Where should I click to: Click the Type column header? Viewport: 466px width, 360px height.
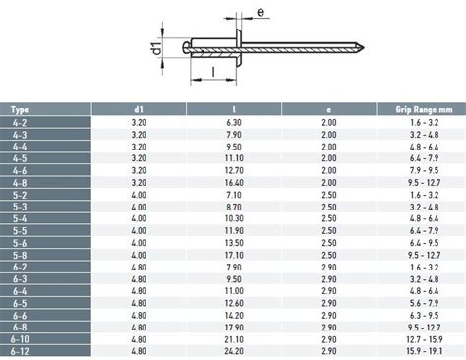click(x=20, y=110)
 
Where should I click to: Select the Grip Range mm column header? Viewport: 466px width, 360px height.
click(x=424, y=109)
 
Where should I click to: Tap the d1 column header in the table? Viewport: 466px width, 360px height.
click(x=139, y=109)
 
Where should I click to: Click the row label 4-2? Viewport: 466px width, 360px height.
click(x=20, y=123)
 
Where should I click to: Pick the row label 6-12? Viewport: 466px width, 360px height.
click(x=20, y=351)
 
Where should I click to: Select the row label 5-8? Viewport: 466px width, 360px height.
click(x=20, y=255)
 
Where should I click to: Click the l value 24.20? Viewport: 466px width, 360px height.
click(x=234, y=351)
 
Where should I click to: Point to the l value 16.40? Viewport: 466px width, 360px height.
click(x=234, y=183)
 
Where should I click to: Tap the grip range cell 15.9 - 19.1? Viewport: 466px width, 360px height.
click(x=424, y=351)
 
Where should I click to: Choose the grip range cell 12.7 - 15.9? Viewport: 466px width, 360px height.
click(x=424, y=339)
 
